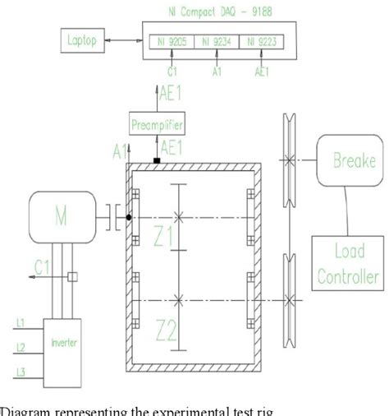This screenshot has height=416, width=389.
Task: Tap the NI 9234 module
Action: (217, 40)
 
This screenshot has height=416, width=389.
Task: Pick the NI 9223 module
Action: (262, 40)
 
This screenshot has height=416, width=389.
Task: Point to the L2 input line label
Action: (21, 346)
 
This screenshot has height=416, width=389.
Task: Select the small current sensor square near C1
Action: (72, 277)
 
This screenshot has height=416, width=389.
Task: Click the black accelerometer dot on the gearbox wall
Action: (129, 219)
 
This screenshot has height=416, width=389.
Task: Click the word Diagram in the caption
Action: (25, 409)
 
